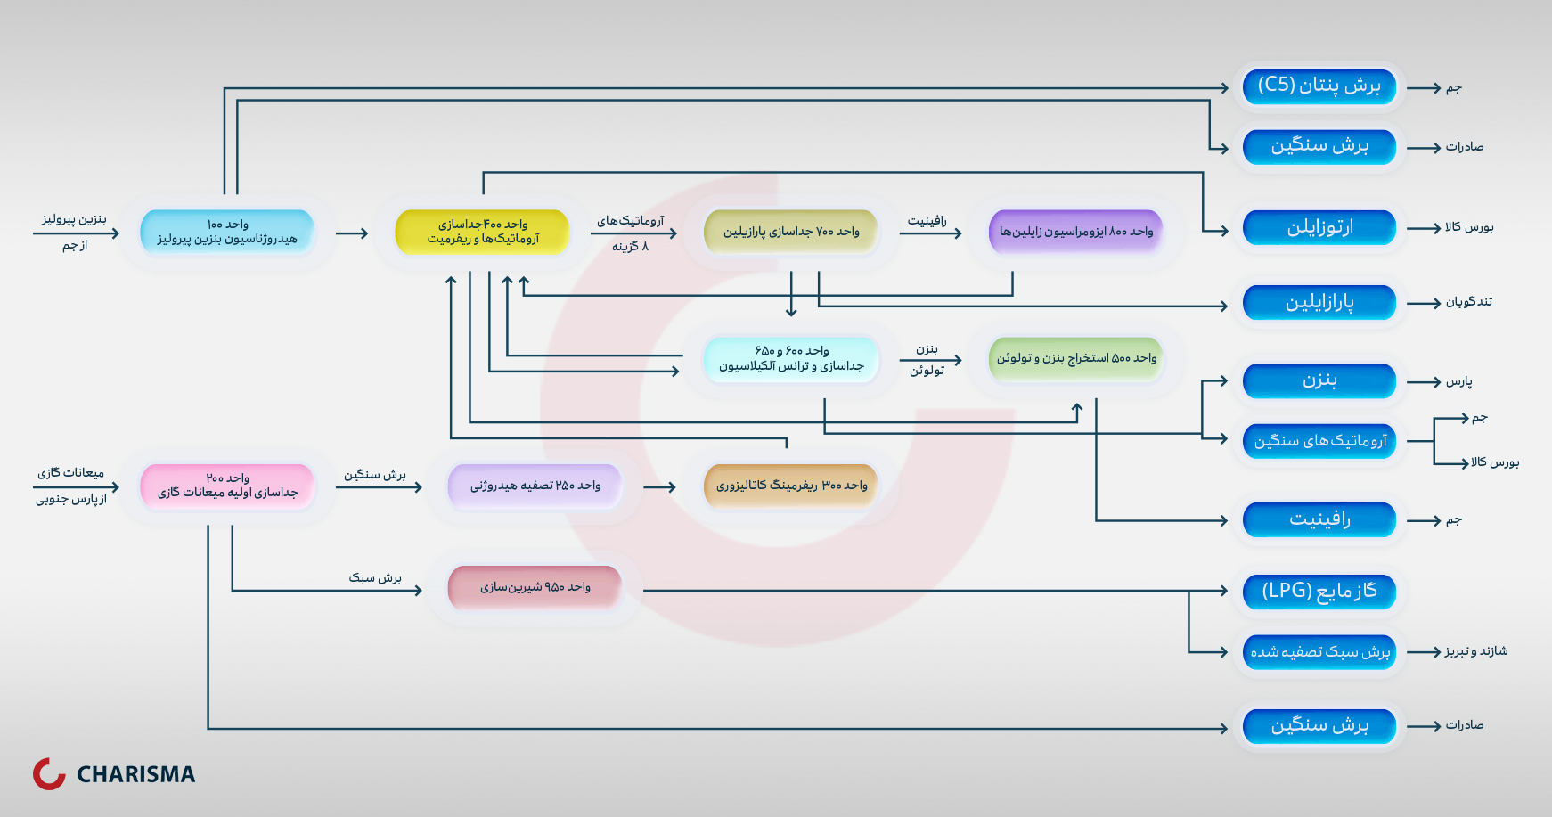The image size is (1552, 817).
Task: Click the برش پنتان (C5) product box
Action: [x=1319, y=86]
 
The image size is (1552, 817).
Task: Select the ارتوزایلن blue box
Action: [x=1319, y=227]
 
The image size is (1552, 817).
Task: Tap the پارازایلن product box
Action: [x=1319, y=302]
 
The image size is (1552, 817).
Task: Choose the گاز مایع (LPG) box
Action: [x=1319, y=591]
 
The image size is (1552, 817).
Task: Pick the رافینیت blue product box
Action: [x=1319, y=519]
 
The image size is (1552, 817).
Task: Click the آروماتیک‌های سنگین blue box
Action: [x=1319, y=440]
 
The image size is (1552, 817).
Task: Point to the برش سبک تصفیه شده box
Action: [x=1319, y=651]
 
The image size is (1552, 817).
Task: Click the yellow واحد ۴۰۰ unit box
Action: [x=482, y=232]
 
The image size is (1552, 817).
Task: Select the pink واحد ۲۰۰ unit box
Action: [x=227, y=486]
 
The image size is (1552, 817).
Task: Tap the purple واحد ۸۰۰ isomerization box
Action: [x=1075, y=232]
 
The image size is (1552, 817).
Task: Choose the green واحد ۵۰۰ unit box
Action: [x=1075, y=358]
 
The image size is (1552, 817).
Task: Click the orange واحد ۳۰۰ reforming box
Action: [x=791, y=486]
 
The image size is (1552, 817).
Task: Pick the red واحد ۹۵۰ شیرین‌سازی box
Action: [x=535, y=587]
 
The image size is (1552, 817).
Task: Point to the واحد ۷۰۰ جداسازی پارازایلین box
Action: [x=791, y=232]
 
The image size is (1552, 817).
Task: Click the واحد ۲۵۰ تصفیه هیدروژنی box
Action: [x=535, y=486]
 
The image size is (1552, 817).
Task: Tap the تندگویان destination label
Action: [x=1468, y=302]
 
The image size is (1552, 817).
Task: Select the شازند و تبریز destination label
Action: [x=1475, y=651]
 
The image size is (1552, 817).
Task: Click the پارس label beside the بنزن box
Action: [x=1458, y=381]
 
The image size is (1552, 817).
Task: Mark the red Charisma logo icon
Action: [x=49, y=773]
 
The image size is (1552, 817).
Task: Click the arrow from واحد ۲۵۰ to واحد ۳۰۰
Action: [x=659, y=487]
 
